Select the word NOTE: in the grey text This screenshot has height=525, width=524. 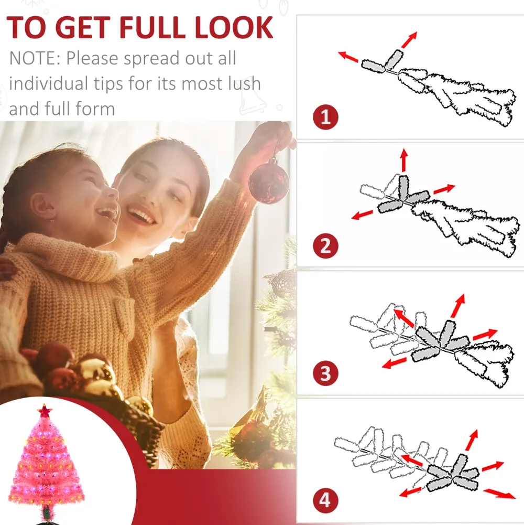click(x=35, y=58)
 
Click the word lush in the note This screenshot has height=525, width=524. click(x=244, y=83)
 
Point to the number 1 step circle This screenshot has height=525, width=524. click(x=325, y=117)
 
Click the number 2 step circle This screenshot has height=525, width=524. click(x=325, y=246)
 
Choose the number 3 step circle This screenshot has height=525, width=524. click(x=325, y=373)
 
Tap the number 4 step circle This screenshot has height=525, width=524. click(x=325, y=500)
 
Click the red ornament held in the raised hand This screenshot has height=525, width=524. click(x=269, y=183)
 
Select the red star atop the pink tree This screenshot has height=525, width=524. click(x=45, y=411)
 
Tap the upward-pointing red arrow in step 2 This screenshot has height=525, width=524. click(x=404, y=160)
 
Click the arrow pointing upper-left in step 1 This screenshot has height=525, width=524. click(x=348, y=57)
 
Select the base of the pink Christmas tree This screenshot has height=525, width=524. click(x=46, y=516)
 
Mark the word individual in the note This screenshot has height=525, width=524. click(x=50, y=83)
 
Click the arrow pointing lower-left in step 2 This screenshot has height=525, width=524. click(x=362, y=215)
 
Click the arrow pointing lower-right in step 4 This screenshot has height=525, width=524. click(x=499, y=494)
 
